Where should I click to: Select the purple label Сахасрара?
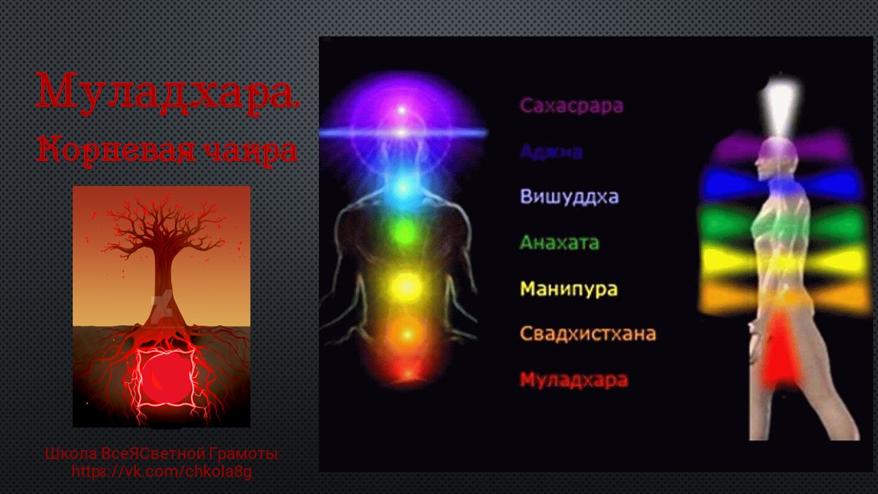coord(571,106)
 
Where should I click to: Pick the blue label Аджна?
coord(551,151)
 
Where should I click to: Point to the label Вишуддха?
coord(569,196)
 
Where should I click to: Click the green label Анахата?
coord(559,242)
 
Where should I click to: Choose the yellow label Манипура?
coord(569,288)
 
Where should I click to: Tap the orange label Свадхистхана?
coord(588,334)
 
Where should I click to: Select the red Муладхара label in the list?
coord(573,379)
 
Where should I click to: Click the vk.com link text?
coord(162,472)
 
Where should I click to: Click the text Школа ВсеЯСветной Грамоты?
coord(161,454)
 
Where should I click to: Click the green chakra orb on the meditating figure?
coord(405,233)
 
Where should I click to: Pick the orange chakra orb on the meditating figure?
coord(406,333)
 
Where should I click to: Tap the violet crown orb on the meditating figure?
coord(402,110)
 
